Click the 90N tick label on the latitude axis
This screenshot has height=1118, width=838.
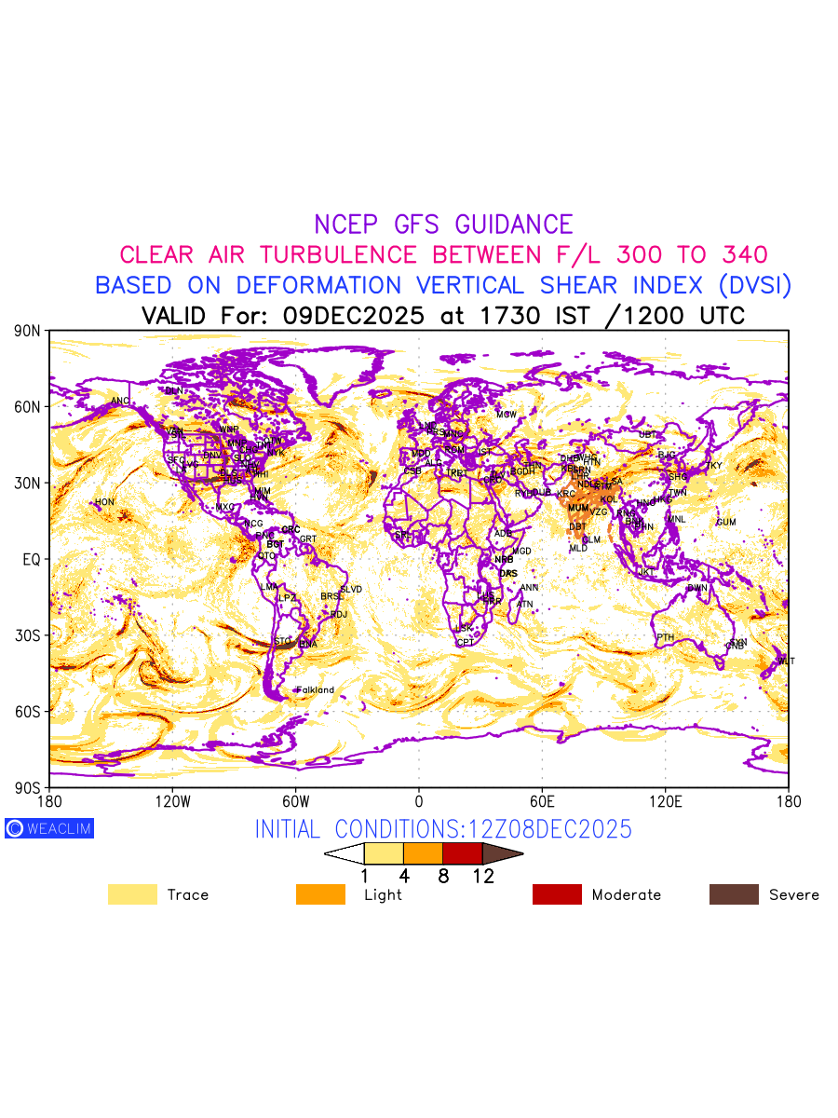pyautogui.click(x=28, y=331)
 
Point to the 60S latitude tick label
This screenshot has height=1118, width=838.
pyautogui.click(x=28, y=711)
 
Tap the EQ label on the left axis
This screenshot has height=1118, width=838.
pyautogui.click(x=32, y=559)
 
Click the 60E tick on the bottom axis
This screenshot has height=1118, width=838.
pyautogui.click(x=542, y=800)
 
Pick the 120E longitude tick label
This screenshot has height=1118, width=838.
pyautogui.click(x=666, y=800)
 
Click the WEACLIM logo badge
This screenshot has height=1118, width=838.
pyautogui.click(x=49, y=827)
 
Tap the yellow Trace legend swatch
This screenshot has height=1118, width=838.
pyautogui.click(x=132, y=894)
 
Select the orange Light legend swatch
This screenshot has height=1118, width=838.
pyautogui.click(x=320, y=894)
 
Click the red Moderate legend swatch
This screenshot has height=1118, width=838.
pyautogui.click(x=557, y=894)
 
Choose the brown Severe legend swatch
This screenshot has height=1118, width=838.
pyautogui.click(x=734, y=894)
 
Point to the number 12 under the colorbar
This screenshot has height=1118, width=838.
pyautogui.click(x=482, y=876)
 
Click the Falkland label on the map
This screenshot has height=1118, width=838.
pyautogui.click(x=315, y=690)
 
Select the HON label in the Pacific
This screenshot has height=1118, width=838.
pyautogui.click(x=104, y=502)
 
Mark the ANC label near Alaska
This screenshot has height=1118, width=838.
pyautogui.click(x=120, y=402)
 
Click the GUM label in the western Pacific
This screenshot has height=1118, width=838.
pyautogui.click(x=726, y=523)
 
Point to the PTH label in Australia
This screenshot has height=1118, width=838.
pyautogui.click(x=665, y=637)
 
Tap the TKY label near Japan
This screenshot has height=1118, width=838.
pyautogui.click(x=713, y=466)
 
